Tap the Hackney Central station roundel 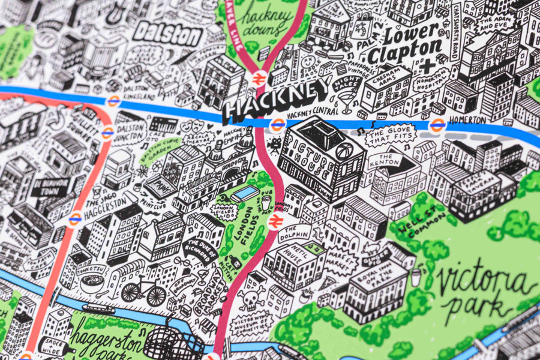[277, 125]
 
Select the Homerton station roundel [437, 125]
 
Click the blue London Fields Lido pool [245, 194]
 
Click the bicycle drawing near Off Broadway [143, 292]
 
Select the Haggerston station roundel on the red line [75, 220]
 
